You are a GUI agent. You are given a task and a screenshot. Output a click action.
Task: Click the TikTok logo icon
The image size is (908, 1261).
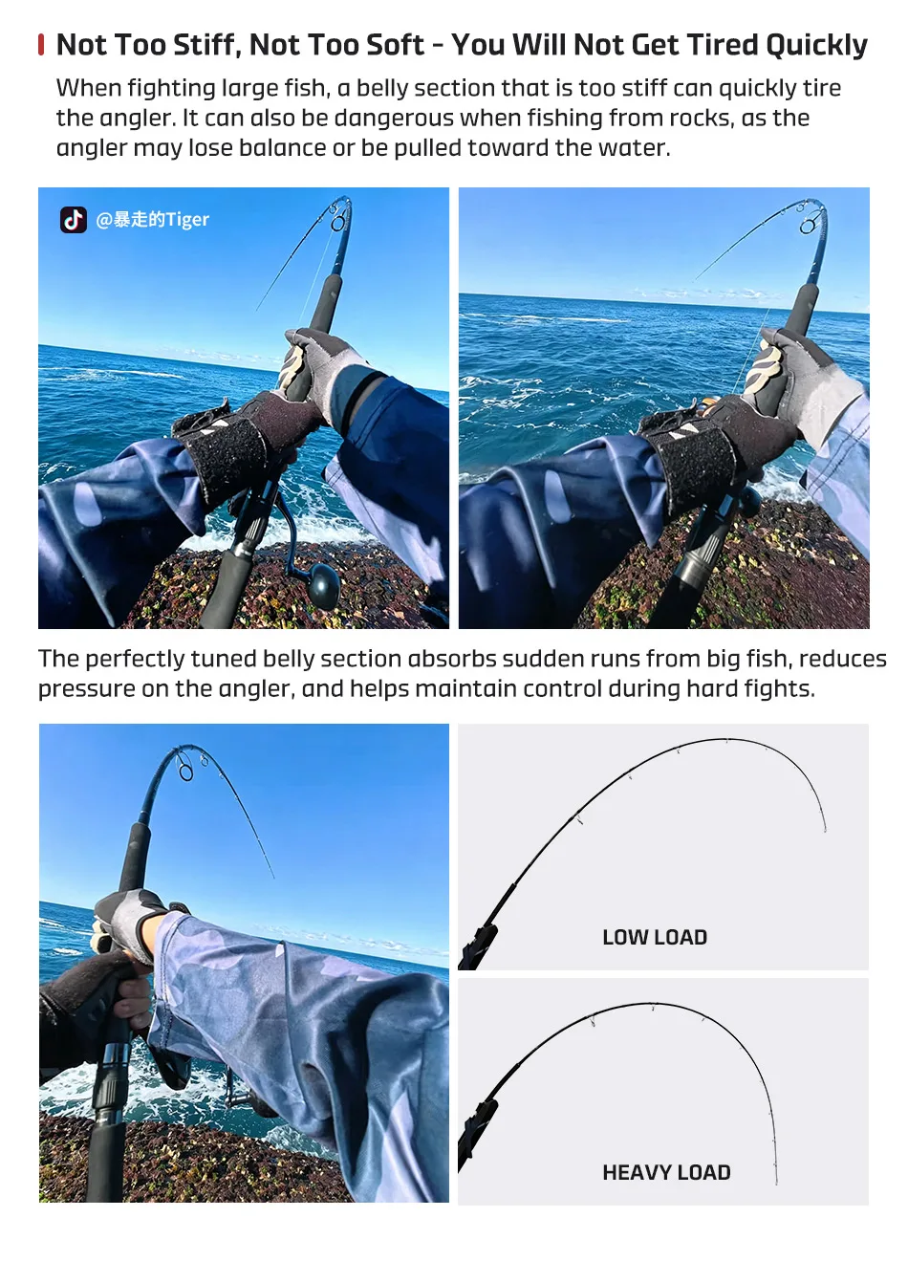pyautogui.click(x=74, y=220)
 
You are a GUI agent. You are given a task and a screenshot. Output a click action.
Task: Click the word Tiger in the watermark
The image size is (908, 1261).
pyautogui.click(x=187, y=219)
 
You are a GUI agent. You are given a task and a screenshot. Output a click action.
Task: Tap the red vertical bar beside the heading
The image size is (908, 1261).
pyautogui.click(x=41, y=45)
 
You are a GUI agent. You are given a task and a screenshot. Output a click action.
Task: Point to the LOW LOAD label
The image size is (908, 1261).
pyautogui.click(x=655, y=937)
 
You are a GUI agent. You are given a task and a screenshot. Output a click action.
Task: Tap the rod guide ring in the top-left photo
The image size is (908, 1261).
pyautogui.click(x=338, y=224)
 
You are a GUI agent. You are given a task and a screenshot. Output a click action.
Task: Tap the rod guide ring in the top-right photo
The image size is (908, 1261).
pyautogui.click(x=809, y=227)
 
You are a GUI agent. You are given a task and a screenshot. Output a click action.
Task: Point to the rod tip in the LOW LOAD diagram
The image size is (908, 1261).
pyautogui.click(x=825, y=831)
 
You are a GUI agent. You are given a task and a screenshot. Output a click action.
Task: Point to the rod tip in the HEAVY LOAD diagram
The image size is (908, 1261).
pyautogui.click(x=776, y=1183)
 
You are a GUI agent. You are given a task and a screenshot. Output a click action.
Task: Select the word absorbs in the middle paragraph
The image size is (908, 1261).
pyautogui.click(x=452, y=659)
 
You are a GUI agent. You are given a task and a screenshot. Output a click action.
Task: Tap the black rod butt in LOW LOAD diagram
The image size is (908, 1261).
pyautogui.click(x=477, y=946)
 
